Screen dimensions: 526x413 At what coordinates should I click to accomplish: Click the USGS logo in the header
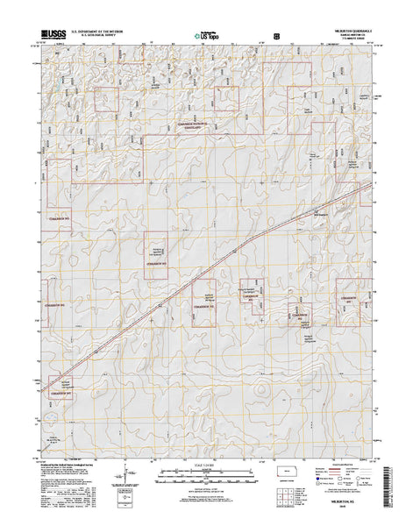(x=49, y=36)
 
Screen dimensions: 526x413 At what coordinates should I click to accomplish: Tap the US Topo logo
(x=207, y=37)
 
